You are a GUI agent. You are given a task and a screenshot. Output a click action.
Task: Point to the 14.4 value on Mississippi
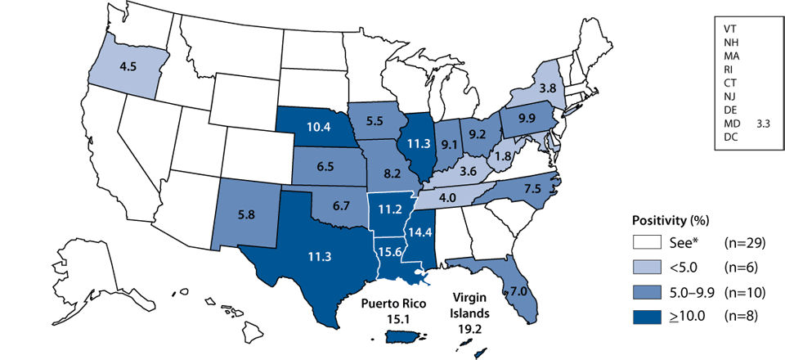coord(424,232)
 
